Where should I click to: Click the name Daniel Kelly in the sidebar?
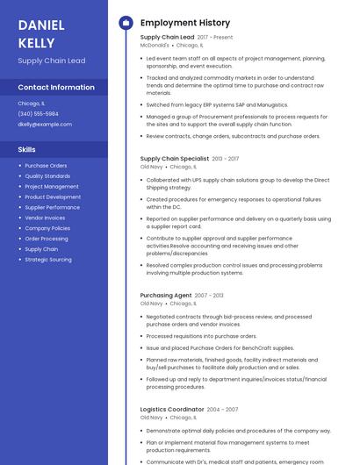pos(37,33)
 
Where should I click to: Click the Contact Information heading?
pos(56,88)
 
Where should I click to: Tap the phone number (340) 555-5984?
pos(38,114)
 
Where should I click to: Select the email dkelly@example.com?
pos(45,125)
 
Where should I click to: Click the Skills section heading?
pos(26,149)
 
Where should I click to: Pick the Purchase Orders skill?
pos(46,166)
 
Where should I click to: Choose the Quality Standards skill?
pos(47,176)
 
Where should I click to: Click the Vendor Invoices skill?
pos(45,218)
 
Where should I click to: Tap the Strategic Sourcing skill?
pos(48,260)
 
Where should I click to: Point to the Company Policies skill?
pos(47,228)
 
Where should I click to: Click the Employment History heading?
pos(185,23)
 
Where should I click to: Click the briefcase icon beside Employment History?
pos(126,23)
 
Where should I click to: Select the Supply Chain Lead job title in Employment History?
pos(167,38)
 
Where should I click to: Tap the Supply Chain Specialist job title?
pos(175,159)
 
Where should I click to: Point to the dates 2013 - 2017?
pos(225,159)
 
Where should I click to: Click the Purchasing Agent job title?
pos(166,296)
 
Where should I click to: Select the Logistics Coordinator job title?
pos(172,410)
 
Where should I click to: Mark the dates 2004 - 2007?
pos(222,410)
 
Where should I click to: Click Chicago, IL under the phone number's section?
pos(30,104)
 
